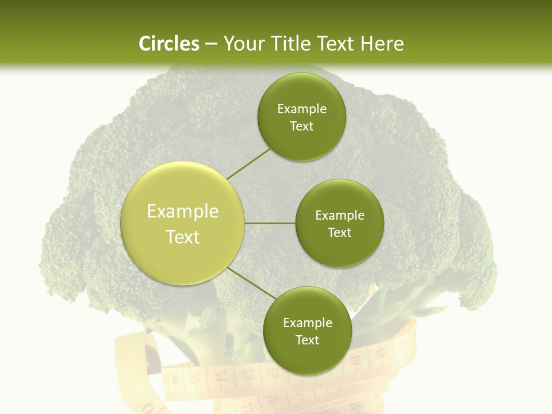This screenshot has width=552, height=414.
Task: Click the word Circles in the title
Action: [x=168, y=44]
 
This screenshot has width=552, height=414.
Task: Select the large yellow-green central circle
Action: [x=183, y=223]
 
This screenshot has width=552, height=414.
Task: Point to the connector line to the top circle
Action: [x=248, y=163]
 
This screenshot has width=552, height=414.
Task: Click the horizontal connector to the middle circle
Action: [x=270, y=223]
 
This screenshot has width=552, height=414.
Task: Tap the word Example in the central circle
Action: [x=183, y=212]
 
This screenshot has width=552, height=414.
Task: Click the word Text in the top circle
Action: [x=301, y=126]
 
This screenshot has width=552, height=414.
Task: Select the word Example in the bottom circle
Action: [x=307, y=323]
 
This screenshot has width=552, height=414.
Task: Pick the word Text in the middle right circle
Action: [x=339, y=233]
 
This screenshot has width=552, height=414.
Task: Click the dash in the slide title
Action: [x=211, y=44]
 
